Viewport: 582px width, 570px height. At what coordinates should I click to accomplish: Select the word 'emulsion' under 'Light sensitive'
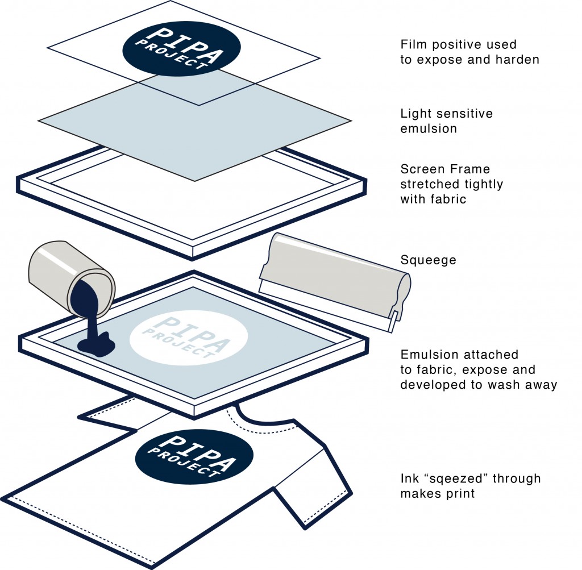pos(429,128)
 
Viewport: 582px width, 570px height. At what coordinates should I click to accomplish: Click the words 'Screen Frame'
pos(445,169)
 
